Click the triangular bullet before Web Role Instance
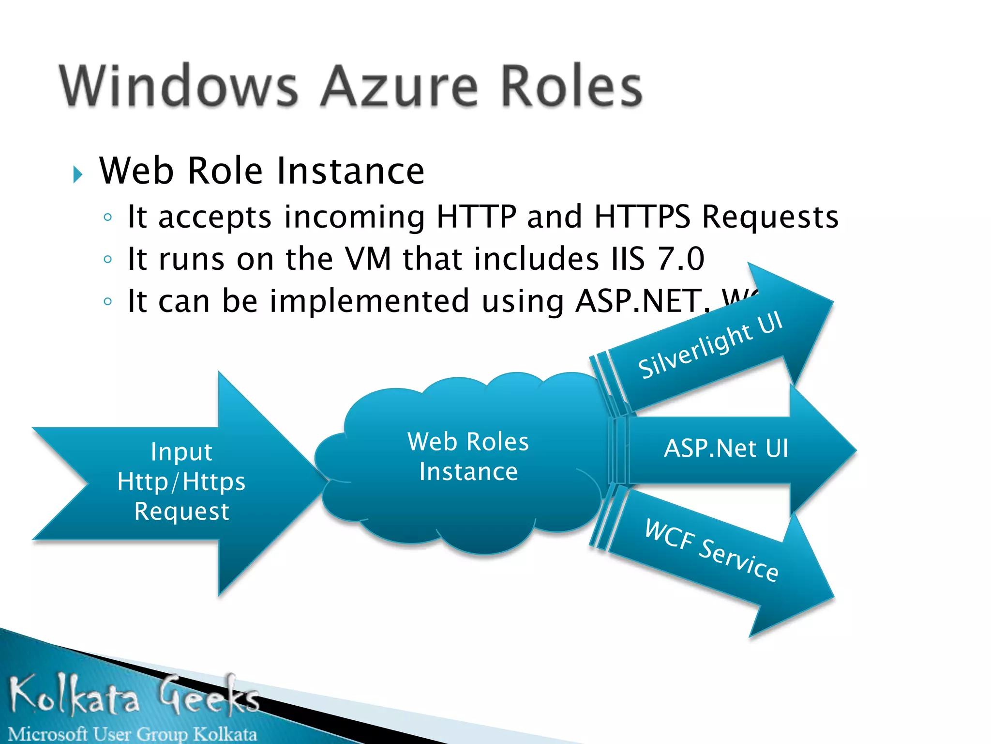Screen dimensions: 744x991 pyautogui.click(x=77, y=174)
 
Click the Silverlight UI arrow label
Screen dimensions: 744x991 pyautogui.click(x=710, y=345)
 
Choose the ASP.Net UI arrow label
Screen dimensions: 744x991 pyautogui.click(x=726, y=448)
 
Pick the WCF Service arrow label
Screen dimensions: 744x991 pyautogui.click(x=711, y=549)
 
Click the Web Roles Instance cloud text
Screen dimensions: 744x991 pyautogui.click(x=468, y=456)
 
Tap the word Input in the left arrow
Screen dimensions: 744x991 pyautogui.click(x=181, y=452)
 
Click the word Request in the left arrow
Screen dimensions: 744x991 pyautogui.click(x=181, y=511)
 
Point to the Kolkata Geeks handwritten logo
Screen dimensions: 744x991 pyautogui.click(x=133, y=695)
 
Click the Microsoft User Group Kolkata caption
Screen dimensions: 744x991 pyautogui.click(x=132, y=734)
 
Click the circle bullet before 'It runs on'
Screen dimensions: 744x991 pyautogui.click(x=108, y=259)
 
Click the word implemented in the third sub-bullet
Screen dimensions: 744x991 pyautogui.click(x=369, y=301)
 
